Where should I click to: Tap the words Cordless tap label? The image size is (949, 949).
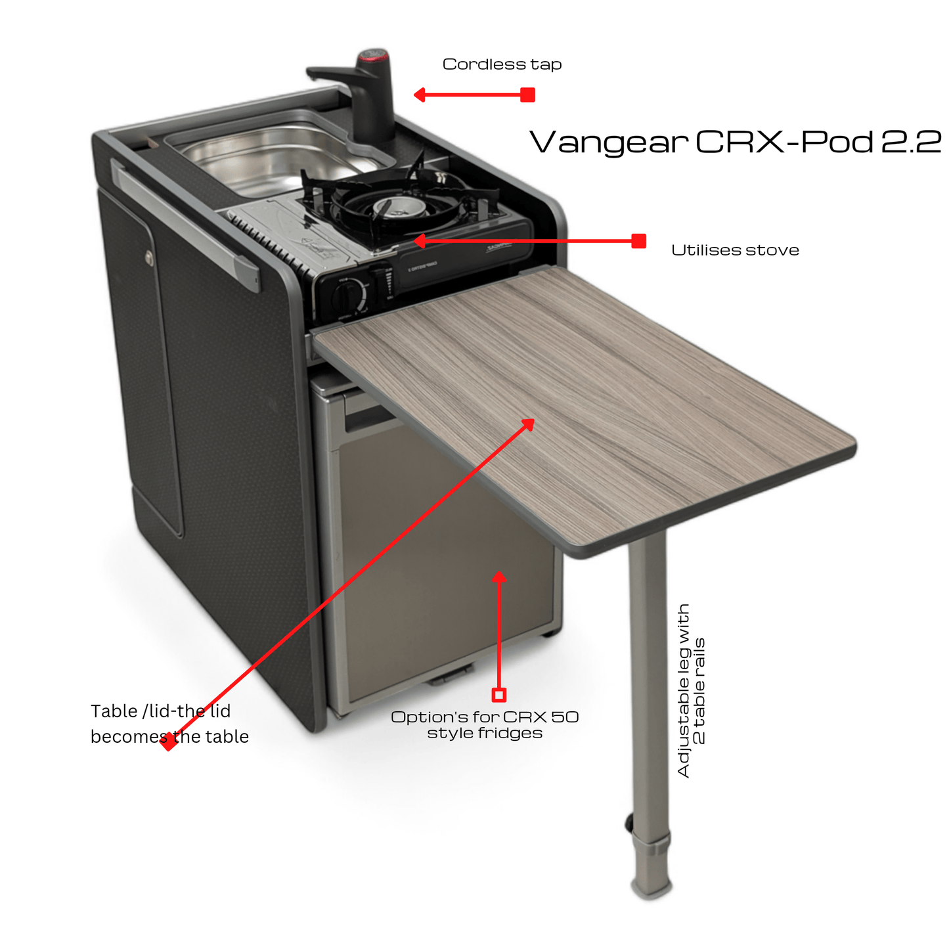coord(502,64)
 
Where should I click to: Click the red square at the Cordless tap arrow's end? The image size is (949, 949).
coord(527,95)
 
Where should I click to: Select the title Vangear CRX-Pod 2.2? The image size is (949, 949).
coord(736,142)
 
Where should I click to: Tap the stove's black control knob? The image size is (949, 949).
coord(347,294)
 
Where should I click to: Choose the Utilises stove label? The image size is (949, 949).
coord(735,250)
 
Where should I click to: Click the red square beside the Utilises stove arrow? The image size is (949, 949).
coord(639,241)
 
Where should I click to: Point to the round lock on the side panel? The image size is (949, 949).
coord(148,257)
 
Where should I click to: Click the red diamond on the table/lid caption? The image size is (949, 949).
coord(168,741)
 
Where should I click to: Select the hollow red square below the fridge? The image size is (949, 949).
coord(499,694)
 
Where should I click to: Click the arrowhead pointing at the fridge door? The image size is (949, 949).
coord(499,577)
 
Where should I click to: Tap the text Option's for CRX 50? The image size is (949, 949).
coord(485,717)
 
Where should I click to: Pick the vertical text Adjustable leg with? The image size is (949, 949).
coord(684,690)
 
